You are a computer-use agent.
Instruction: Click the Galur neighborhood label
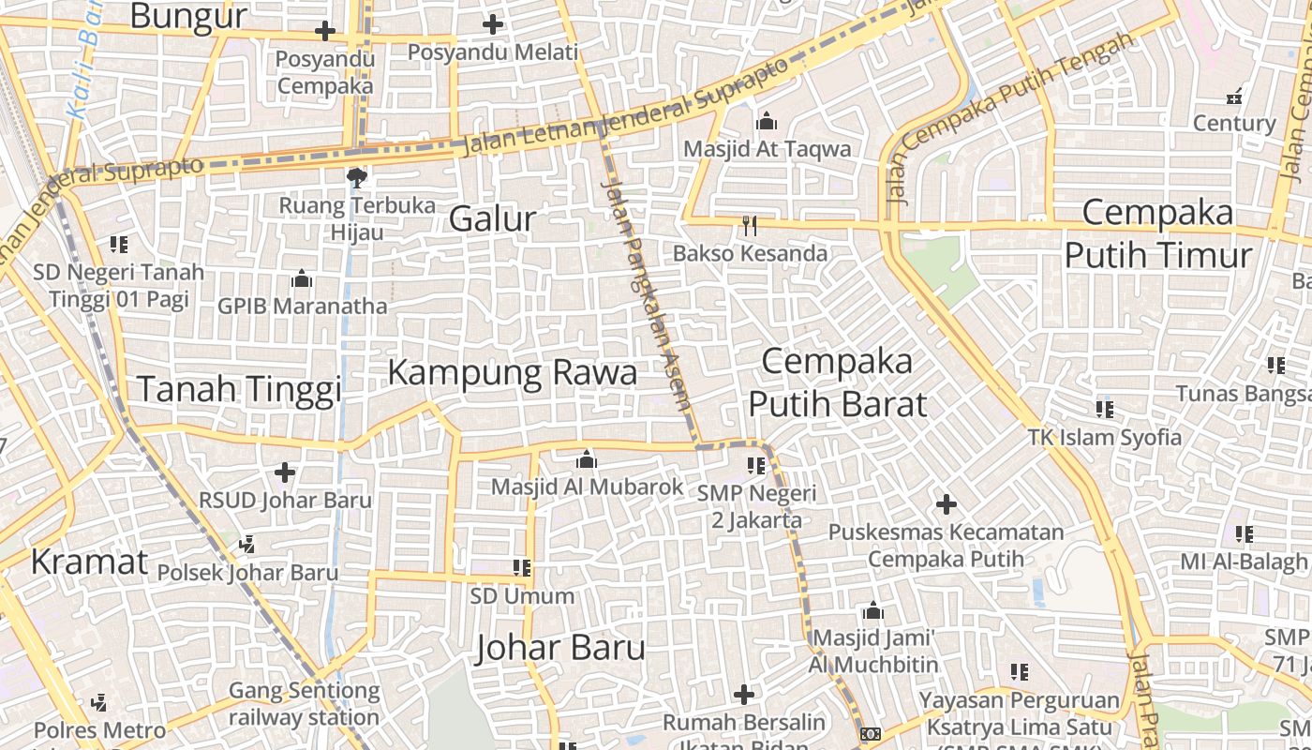pyautogui.click(x=492, y=219)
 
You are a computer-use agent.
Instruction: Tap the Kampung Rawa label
pyautogui.click(x=512, y=373)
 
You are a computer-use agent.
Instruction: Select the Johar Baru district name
pyautogui.click(x=560, y=648)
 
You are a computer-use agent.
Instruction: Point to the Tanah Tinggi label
pyautogui.click(x=240, y=389)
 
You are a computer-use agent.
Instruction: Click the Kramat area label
pyautogui.click(x=89, y=562)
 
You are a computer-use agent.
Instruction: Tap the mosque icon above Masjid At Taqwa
pyautogui.click(x=767, y=122)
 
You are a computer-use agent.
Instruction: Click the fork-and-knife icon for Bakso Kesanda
pyautogui.click(x=749, y=226)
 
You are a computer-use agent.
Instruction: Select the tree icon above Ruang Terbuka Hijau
pyautogui.click(x=356, y=177)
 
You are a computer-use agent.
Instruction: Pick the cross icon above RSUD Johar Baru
pyautogui.click(x=285, y=472)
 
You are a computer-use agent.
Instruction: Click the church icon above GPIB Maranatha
pyautogui.click(x=301, y=278)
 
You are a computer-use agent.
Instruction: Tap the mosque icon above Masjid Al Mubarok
pyautogui.click(x=587, y=459)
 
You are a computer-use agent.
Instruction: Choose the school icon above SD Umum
pyautogui.click(x=522, y=568)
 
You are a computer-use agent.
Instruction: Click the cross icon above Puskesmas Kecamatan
pyautogui.click(x=947, y=504)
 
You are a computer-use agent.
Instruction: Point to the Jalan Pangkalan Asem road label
pyautogui.click(x=647, y=295)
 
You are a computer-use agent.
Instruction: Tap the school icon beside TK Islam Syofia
pyautogui.click(x=1105, y=410)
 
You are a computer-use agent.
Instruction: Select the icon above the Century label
pyautogui.click(x=1234, y=97)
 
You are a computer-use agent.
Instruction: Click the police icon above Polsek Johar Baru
pyautogui.click(x=247, y=544)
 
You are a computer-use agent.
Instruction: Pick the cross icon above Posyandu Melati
pyautogui.click(x=493, y=25)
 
